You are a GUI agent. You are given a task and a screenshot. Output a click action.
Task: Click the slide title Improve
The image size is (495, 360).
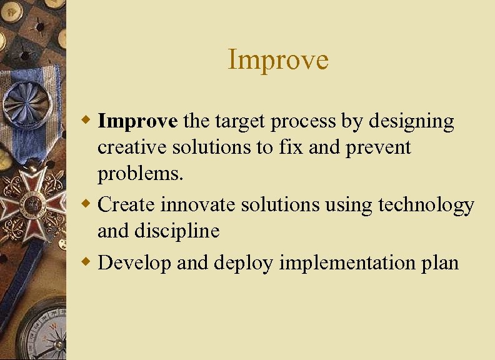(278, 60)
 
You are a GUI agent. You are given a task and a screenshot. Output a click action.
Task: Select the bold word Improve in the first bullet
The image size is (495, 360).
(138, 121)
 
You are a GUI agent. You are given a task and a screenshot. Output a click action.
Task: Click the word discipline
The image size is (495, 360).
(177, 231)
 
